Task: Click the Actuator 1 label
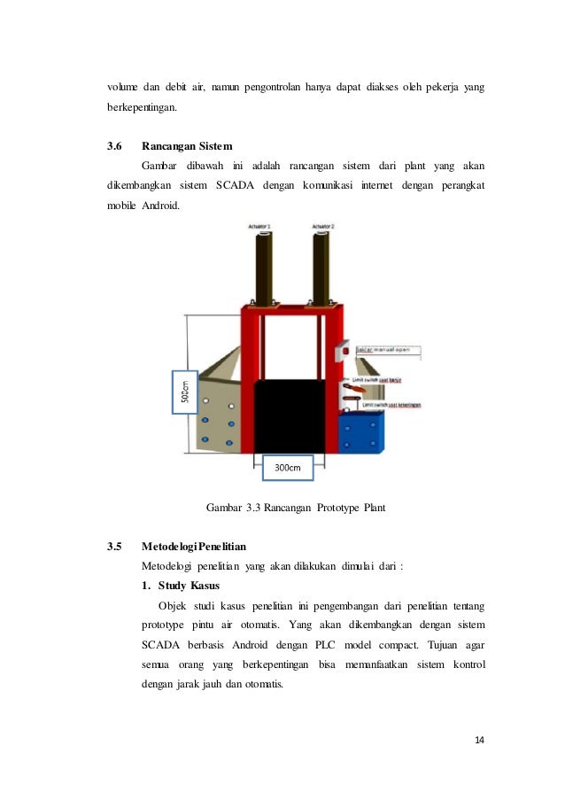click(259, 227)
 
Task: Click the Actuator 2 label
click(323, 227)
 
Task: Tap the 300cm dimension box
click(283, 469)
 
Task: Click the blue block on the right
click(362, 435)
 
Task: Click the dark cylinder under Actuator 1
click(263, 266)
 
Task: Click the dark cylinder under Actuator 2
click(321, 266)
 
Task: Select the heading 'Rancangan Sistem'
click(187, 146)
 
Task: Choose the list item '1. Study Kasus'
click(180, 586)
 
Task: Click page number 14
click(479, 741)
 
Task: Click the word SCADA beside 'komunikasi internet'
click(235, 185)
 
